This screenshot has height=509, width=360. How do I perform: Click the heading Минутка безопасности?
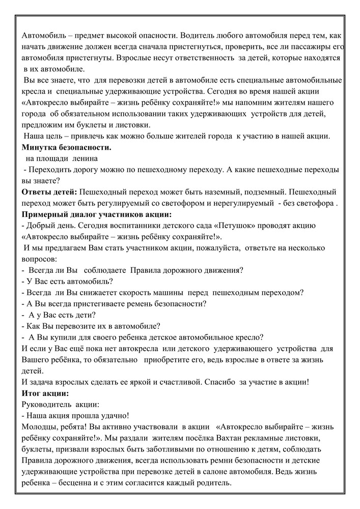click(67, 148)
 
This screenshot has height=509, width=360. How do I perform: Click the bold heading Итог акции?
click(45, 393)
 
